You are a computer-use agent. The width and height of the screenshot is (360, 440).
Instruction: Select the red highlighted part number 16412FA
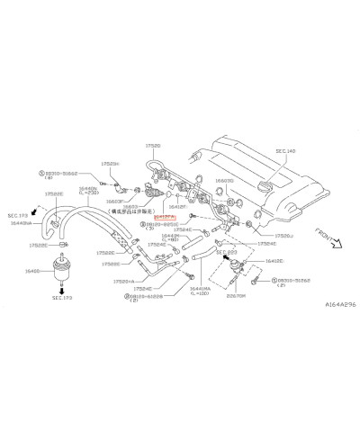165,217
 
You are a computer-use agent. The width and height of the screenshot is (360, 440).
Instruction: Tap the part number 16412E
274,261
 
